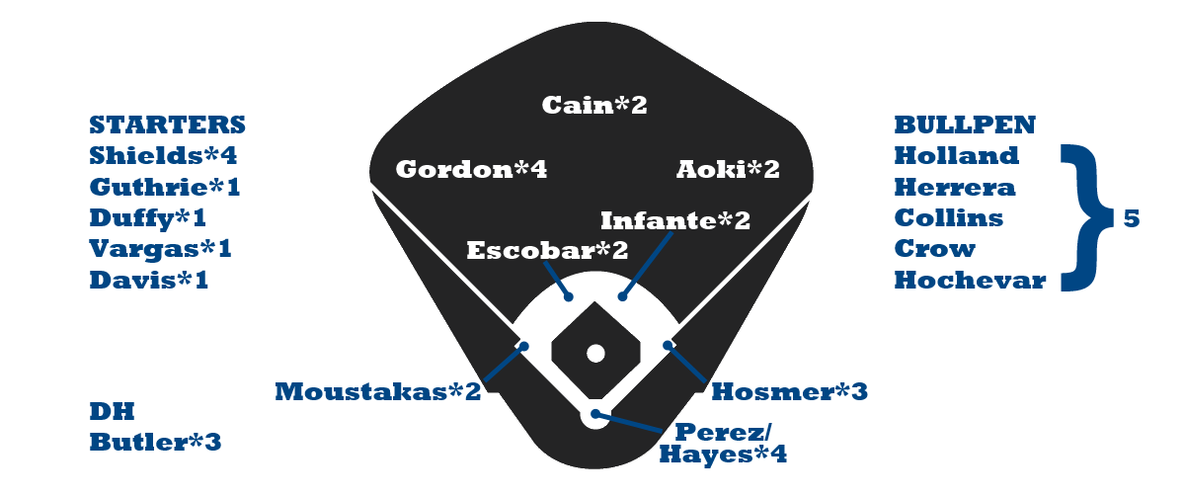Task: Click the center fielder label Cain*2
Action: click(x=594, y=105)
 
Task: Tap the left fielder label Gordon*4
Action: click(x=471, y=170)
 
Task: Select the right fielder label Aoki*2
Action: click(x=728, y=170)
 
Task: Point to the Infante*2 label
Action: click(x=675, y=219)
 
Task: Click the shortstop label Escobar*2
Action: click(x=547, y=251)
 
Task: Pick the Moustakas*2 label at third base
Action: click(x=377, y=392)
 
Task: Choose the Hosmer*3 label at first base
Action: click(x=789, y=392)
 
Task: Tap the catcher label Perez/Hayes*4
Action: click(x=722, y=444)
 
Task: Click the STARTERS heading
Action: click(x=167, y=125)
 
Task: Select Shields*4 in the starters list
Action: click(x=163, y=156)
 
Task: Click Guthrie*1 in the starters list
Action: click(x=164, y=187)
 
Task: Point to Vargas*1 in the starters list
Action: click(x=160, y=249)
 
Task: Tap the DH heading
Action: click(x=112, y=412)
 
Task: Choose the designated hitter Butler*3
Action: click(x=155, y=443)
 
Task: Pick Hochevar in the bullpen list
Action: click(x=970, y=281)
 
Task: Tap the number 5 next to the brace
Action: click(x=1132, y=219)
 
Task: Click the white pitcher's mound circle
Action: click(x=594, y=353)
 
